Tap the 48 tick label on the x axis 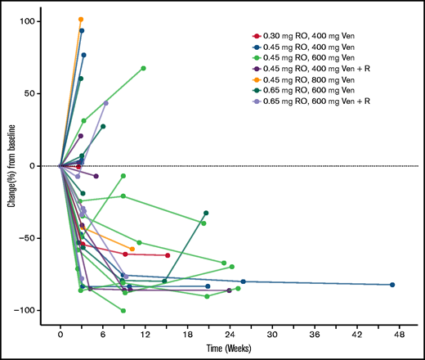click(399, 335)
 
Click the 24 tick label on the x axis click(230, 335)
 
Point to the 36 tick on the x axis click(314, 335)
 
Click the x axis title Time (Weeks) click(230, 349)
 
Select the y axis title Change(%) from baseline click(11, 166)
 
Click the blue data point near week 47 click(392, 285)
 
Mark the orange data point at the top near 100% click(81, 19)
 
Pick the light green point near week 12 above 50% click(144, 68)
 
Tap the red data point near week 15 click(168, 255)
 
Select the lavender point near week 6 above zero click(105, 103)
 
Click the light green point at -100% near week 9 click(123, 311)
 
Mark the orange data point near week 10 click(132, 249)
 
